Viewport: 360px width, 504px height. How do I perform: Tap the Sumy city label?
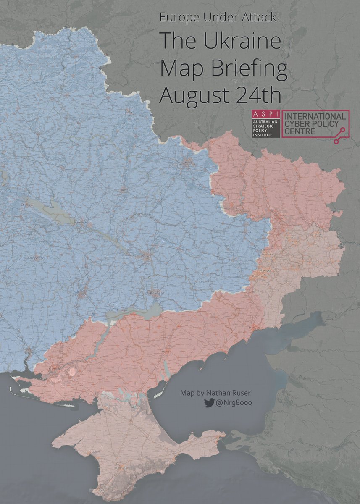point(129,111)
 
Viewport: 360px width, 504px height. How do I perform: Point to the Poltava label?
point(123,190)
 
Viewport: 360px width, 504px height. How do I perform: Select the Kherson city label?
point(55,369)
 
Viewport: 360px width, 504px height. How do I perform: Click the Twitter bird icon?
point(209,403)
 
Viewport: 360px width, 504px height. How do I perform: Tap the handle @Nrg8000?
point(231,403)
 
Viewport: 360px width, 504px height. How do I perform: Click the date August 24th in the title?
point(220,94)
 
